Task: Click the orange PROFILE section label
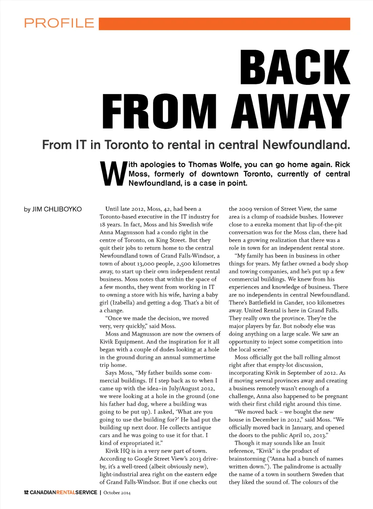[59, 23]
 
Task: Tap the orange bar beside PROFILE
[224, 24]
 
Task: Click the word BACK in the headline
[295, 68]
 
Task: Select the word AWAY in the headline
[290, 111]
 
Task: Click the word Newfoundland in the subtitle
[306, 145]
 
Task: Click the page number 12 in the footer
[26, 493]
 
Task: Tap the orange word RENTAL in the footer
[66, 493]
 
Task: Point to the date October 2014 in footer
[117, 493]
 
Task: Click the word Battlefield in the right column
[263, 303]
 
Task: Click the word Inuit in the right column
[318, 443]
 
